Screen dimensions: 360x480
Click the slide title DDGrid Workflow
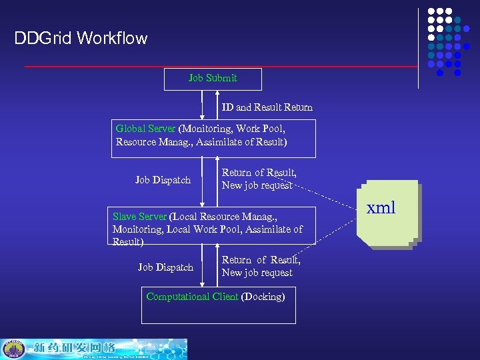click(x=81, y=39)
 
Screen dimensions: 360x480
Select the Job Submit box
click(x=213, y=79)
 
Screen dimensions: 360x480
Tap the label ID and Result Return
click(x=267, y=107)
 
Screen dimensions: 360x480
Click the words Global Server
click(x=145, y=129)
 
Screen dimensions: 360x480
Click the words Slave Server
click(x=140, y=217)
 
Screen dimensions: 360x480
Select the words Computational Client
click(x=192, y=297)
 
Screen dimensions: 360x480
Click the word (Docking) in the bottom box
click(x=263, y=297)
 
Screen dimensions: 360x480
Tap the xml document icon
click(x=385, y=213)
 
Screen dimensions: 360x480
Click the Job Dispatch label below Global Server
click(x=163, y=180)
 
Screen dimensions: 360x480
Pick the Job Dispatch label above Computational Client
click(x=165, y=267)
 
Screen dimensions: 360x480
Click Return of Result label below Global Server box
click(x=259, y=173)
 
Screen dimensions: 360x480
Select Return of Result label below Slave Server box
click(x=261, y=261)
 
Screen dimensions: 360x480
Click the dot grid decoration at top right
click(x=444, y=41)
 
